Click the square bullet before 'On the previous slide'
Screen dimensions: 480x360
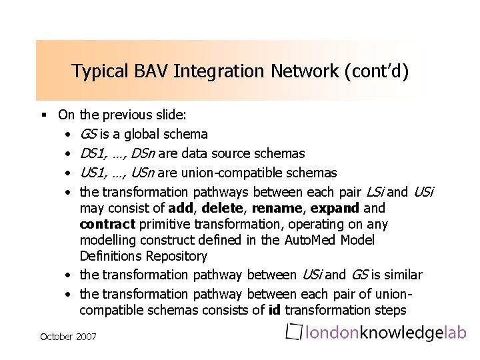(x=44, y=115)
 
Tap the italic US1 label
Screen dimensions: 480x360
(x=93, y=173)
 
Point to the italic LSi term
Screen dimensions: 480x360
(x=375, y=192)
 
